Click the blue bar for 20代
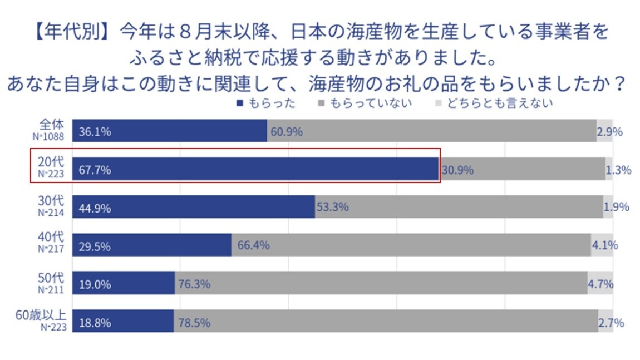click(255, 169)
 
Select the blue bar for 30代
click(193, 207)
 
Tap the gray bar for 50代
click(381, 283)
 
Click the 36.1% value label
click(95, 132)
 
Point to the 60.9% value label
click(287, 132)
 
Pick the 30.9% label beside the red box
click(457, 170)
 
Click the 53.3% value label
click(333, 207)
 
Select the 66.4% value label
click(253, 245)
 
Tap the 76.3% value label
click(194, 284)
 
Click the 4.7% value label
click(600, 284)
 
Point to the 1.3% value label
click(618, 170)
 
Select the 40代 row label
click(51, 238)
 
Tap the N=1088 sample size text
click(52, 136)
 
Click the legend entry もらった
click(265, 103)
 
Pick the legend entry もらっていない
click(364, 103)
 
